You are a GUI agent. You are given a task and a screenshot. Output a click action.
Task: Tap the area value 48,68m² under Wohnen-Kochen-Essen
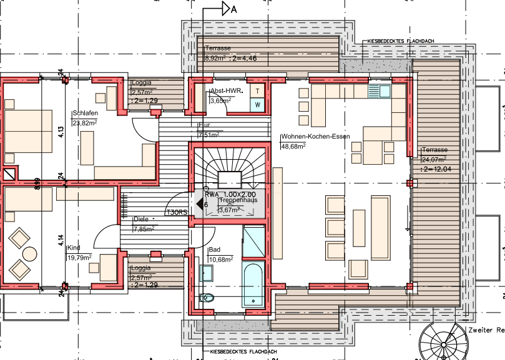[x=293, y=146]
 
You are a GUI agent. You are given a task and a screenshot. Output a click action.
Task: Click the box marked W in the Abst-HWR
[x=258, y=105]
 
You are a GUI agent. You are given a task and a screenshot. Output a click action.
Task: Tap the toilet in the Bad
[x=207, y=298]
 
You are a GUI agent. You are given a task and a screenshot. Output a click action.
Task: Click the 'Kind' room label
[x=73, y=247]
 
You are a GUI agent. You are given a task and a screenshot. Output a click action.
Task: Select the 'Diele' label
[x=141, y=219]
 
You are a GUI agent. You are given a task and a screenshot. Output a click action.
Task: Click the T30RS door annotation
[x=177, y=213]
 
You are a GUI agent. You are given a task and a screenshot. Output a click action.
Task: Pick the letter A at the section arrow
[x=234, y=9]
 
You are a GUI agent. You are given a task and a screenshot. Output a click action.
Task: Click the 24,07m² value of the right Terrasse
[x=434, y=159]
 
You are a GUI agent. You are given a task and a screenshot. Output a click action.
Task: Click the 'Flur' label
[x=204, y=125]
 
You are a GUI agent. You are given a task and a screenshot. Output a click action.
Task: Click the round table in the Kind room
[x=29, y=253]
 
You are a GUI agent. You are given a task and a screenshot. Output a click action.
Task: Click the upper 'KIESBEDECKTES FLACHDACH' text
[x=401, y=41]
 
